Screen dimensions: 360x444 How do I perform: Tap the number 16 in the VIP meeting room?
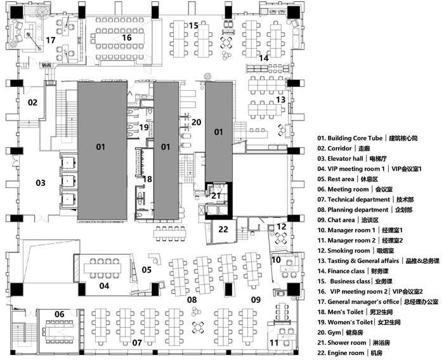click(x=126, y=37)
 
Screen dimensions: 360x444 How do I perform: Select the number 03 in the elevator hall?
click(x=40, y=183)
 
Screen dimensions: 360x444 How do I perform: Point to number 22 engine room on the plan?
click(x=223, y=229)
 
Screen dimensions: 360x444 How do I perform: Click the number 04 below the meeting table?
click(x=104, y=286)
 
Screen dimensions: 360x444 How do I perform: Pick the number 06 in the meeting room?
click(x=58, y=314)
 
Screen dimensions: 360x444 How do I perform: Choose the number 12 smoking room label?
click(x=281, y=227)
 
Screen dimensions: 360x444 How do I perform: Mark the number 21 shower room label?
click(x=216, y=196)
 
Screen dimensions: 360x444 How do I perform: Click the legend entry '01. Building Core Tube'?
click(x=360, y=138)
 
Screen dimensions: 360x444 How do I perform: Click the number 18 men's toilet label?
click(x=147, y=180)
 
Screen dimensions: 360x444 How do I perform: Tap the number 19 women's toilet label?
click(x=144, y=128)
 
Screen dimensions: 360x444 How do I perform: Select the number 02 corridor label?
click(x=32, y=102)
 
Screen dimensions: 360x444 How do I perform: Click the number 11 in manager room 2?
click(x=274, y=343)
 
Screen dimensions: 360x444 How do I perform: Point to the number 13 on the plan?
click(x=280, y=100)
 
